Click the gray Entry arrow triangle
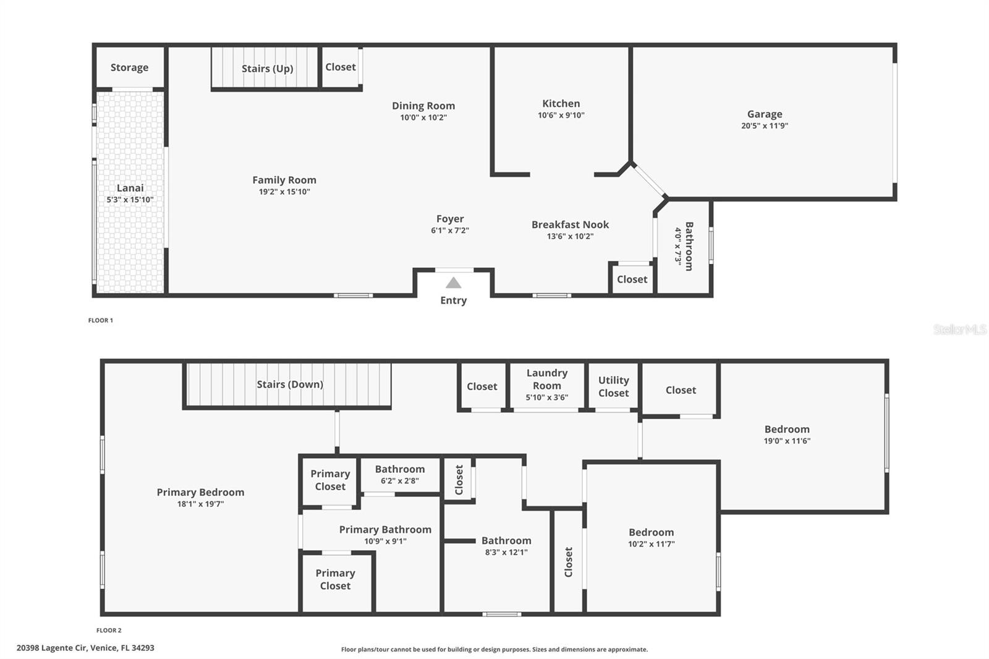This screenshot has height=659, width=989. pos(454,283)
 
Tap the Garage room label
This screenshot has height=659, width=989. pos(765,114)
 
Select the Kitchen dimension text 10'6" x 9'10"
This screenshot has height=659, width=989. pos(561,115)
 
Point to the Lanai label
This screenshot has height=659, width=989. pos(130,188)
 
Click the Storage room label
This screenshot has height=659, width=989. pos(129,67)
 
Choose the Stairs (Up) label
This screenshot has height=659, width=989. pos(268,69)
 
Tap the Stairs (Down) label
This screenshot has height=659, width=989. pos(290,385)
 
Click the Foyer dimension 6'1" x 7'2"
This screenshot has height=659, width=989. pos(450,230)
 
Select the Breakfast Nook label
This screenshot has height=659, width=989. pos(570,224)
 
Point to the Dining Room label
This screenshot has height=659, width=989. pos(423,106)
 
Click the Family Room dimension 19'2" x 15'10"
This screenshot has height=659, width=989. pos(284,192)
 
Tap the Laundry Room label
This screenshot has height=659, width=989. pos(547,379)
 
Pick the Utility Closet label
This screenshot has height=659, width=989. pos(614,386)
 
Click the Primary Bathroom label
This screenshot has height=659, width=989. pos(385,530)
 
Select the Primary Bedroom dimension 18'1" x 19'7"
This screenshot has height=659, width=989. pos(200,504)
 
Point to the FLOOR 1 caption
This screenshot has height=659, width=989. pos(101,320)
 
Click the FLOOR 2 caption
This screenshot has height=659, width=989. pos(109,631)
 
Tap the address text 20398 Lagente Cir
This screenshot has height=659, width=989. pos(52,648)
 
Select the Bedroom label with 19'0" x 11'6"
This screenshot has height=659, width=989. pos(787,429)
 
